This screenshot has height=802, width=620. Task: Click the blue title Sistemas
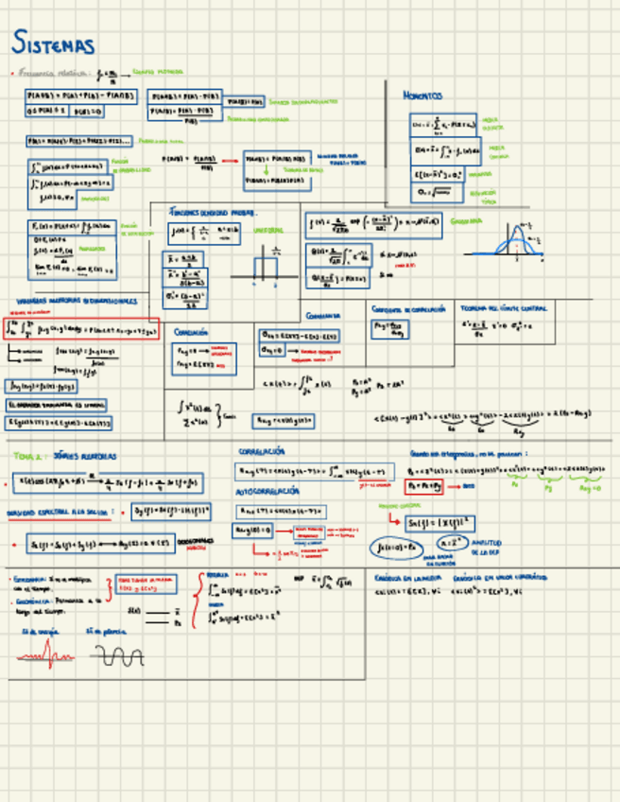(53, 44)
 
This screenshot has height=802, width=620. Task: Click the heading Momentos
(422, 96)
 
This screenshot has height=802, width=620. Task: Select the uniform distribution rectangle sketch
(266, 266)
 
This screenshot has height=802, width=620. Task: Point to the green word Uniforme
(268, 230)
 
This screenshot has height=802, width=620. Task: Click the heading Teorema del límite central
(504, 308)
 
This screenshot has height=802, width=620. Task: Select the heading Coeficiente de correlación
(408, 309)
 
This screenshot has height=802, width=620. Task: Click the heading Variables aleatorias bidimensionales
(77, 301)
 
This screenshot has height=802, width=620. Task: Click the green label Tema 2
(27, 456)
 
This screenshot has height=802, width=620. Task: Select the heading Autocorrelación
(267, 491)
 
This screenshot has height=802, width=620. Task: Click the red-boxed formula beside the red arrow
(424, 485)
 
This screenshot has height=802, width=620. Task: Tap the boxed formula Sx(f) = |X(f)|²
(440, 523)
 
